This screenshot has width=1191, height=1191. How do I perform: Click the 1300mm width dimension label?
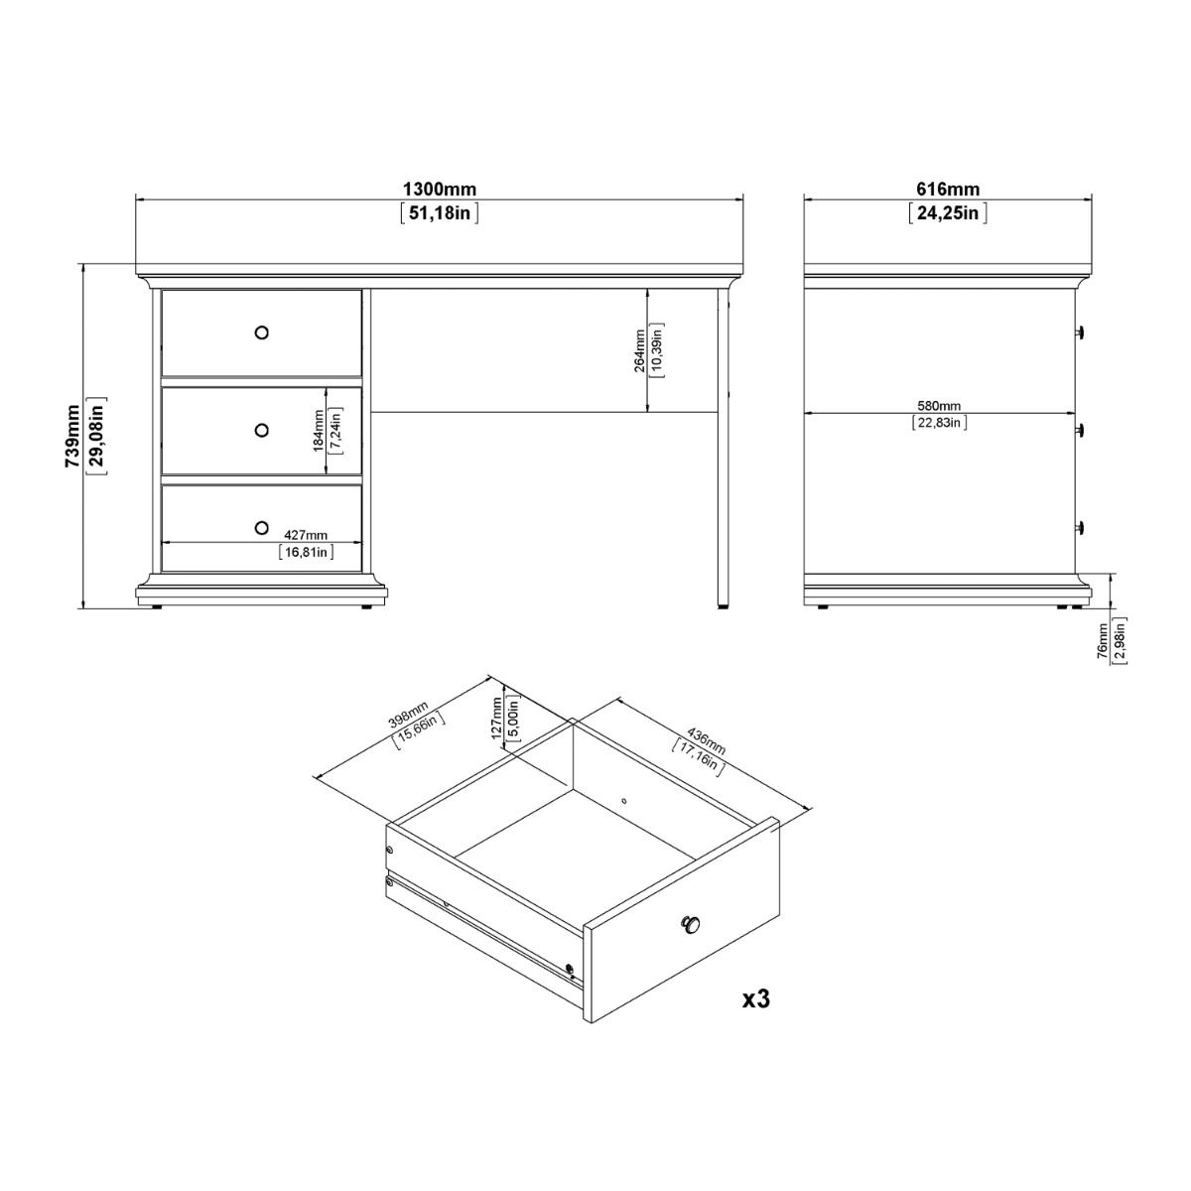(x=439, y=190)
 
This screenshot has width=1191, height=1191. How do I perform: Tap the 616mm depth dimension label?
(x=947, y=190)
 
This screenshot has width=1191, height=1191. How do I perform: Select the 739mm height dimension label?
(x=72, y=436)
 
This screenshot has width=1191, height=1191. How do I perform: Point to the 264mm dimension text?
(x=640, y=350)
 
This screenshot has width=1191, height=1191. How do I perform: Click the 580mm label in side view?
(x=939, y=405)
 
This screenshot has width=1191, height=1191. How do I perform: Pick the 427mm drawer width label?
(x=306, y=536)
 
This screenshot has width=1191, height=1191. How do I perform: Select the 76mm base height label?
(x=1103, y=641)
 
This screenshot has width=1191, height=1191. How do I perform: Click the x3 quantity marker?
(x=756, y=998)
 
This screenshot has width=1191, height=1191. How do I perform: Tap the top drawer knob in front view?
(x=261, y=332)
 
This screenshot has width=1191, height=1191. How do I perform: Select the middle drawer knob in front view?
(x=261, y=430)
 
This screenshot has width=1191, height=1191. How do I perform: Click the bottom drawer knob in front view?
(x=261, y=526)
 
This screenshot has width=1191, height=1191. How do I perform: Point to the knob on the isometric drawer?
(x=690, y=925)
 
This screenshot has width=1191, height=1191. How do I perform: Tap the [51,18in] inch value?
(x=439, y=213)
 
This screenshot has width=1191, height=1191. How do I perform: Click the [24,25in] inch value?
(x=947, y=213)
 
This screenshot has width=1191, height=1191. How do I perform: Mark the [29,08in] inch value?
(x=96, y=436)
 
